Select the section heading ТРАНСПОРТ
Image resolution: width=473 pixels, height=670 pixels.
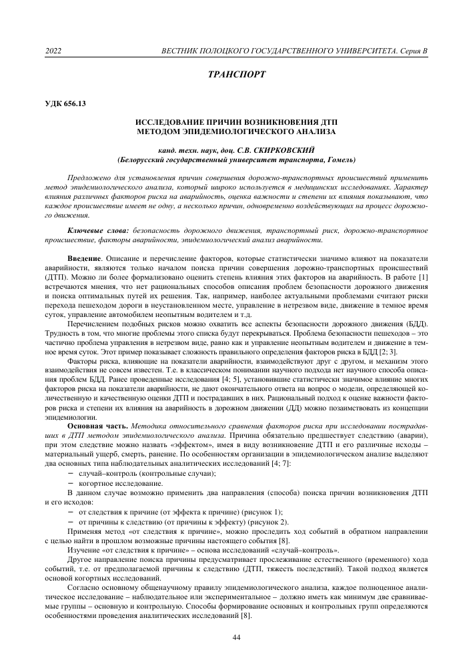click(236, 75)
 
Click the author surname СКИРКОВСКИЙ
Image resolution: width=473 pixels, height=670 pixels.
click(282, 151)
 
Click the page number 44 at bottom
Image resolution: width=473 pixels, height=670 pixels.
click(236, 637)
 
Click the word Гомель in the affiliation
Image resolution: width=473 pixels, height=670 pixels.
click(336, 161)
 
